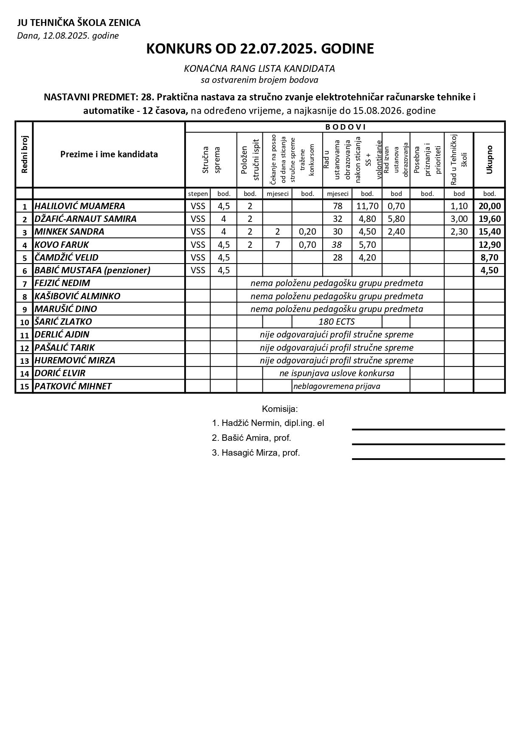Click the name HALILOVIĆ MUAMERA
coord(80,206)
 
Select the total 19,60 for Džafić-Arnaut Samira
coord(489,219)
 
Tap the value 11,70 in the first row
coord(367,206)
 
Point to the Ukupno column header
coord(489,159)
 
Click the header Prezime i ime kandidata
coord(109,154)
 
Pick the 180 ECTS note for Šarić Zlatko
coord(336,322)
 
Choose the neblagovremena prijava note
coord(337,386)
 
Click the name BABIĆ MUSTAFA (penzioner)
coord(92,270)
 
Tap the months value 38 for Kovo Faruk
coord(337,245)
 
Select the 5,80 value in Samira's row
coord(396,219)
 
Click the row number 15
coord(24,387)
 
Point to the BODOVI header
coord(345,127)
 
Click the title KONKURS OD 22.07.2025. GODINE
coord(260,49)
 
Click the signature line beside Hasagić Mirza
coord(428,459)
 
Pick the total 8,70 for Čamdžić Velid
coord(489,258)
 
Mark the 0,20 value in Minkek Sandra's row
coord(307,232)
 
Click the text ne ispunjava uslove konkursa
coord(337,373)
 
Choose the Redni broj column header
coord(24,154)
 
